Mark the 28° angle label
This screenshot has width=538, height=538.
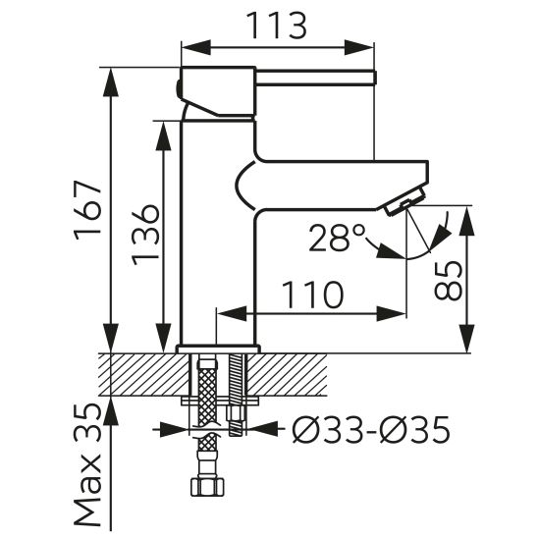[337, 238]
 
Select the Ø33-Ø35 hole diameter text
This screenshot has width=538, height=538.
[370, 429]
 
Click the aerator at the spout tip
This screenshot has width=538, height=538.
[403, 204]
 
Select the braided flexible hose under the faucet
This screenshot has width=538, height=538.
[206, 403]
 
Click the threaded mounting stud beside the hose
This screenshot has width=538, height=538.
[236, 393]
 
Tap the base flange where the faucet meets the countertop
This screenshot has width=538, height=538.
[217, 349]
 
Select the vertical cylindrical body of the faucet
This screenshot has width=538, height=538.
[218, 245]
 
